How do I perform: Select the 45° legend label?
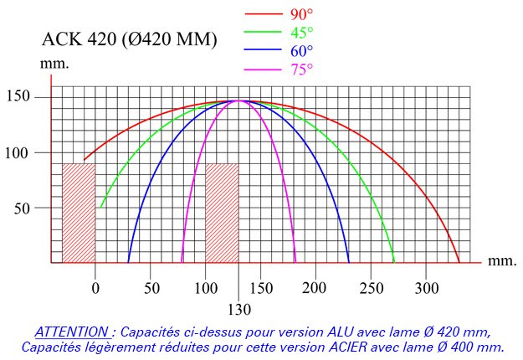pyautogui.click(x=302, y=32)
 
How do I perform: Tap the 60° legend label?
pyautogui.click(x=302, y=50)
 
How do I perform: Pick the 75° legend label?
pyautogui.click(x=302, y=69)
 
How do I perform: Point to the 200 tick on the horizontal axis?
pyautogui.click(x=314, y=288)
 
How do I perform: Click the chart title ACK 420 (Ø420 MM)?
pyautogui.click(x=130, y=39)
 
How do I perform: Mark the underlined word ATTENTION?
pyautogui.click(x=72, y=332)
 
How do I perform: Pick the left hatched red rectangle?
pyautogui.click(x=79, y=213)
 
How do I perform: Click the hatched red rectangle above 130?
pyautogui.click(x=222, y=213)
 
